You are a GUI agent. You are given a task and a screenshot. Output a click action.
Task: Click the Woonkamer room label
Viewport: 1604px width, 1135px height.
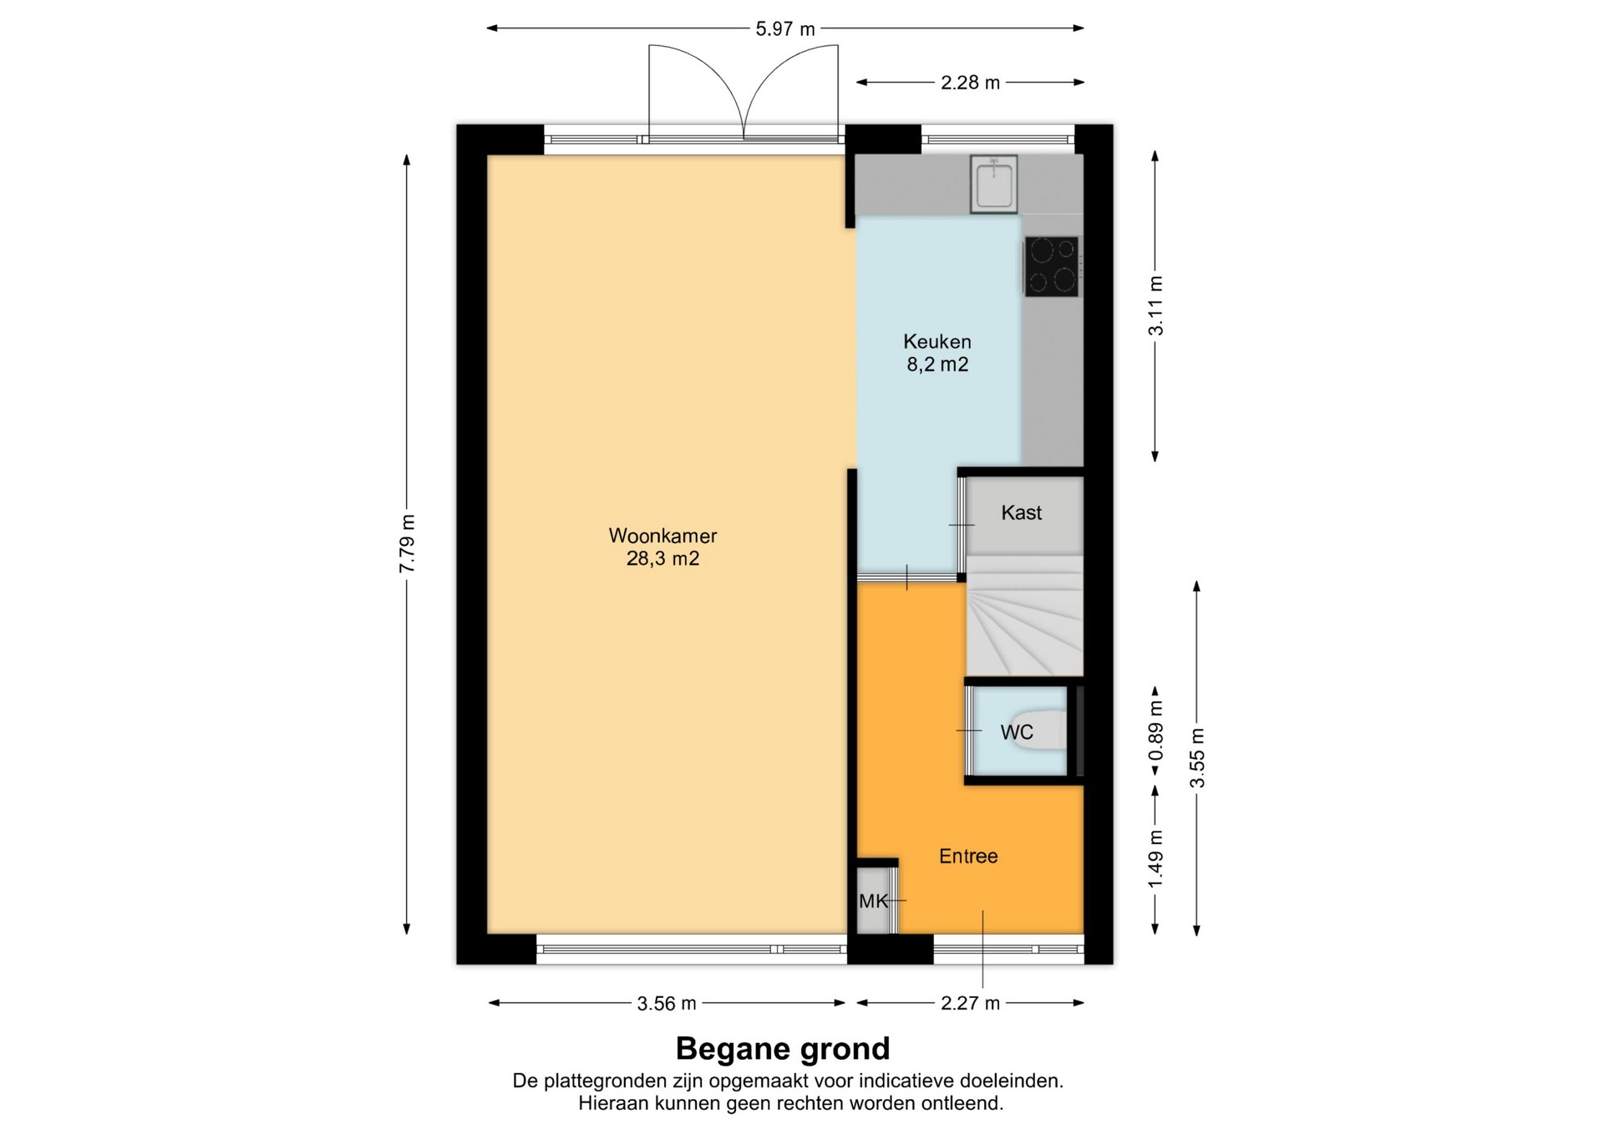[x=662, y=536]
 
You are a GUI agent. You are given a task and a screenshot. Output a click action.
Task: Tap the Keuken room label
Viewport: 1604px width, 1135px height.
[x=937, y=342]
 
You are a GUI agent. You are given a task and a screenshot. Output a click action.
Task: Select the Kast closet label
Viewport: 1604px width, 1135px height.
[x=1022, y=512]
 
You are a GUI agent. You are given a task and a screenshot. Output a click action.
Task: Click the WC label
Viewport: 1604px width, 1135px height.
[x=1017, y=732]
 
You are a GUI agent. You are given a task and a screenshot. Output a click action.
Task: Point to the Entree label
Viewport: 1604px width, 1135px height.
[x=968, y=856]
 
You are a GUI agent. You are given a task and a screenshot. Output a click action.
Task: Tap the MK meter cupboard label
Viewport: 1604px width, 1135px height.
[x=873, y=901]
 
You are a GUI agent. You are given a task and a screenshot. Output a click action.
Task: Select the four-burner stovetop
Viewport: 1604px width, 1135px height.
[x=1052, y=267]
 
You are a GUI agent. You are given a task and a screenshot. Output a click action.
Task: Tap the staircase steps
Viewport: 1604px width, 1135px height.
[x=1024, y=616]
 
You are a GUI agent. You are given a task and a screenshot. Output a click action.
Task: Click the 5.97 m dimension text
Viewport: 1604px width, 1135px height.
[x=785, y=29]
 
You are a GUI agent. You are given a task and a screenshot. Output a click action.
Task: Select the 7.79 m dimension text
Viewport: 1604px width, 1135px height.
[x=407, y=543]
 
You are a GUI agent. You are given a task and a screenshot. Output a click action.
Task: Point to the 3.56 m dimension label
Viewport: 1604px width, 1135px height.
[x=667, y=1003]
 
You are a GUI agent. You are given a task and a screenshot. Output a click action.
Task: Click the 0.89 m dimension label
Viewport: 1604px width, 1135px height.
[x=1155, y=730]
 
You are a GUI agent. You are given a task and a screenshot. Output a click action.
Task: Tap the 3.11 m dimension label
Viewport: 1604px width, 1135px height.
[x=1155, y=305]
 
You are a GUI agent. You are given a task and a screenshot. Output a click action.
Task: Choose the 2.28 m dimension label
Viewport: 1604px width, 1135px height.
[x=970, y=83]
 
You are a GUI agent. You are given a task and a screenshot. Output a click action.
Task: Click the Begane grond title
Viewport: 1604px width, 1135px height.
[x=783, y=1048]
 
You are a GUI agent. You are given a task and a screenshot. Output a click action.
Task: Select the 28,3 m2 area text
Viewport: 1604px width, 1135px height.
[x=662, y=558]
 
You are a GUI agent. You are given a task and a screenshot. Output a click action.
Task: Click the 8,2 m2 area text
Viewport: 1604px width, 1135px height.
[x=937, y=364]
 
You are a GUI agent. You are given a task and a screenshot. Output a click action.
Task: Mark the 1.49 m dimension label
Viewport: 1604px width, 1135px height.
[x=1155, y=860]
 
